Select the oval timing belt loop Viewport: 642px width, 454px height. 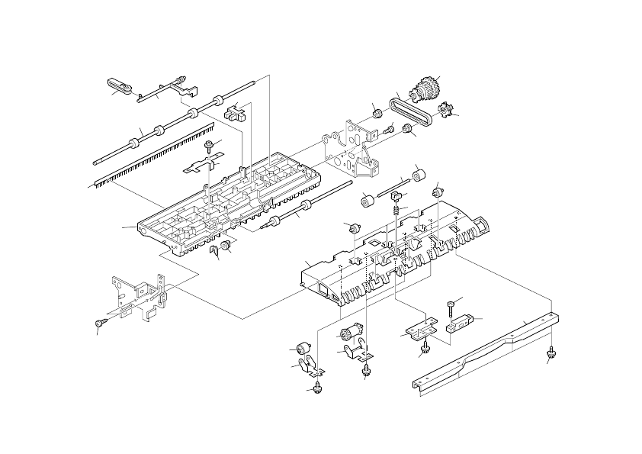(412, 111)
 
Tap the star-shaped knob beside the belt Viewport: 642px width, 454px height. (445, 114)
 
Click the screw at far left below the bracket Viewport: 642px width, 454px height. (101, 324)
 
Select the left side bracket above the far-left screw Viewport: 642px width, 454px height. (141, 294)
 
